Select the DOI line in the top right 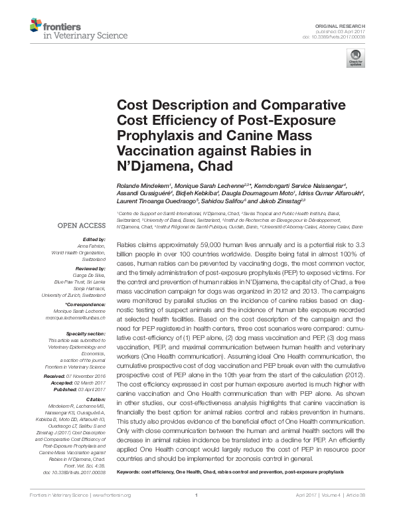click(x=343, y=36)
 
